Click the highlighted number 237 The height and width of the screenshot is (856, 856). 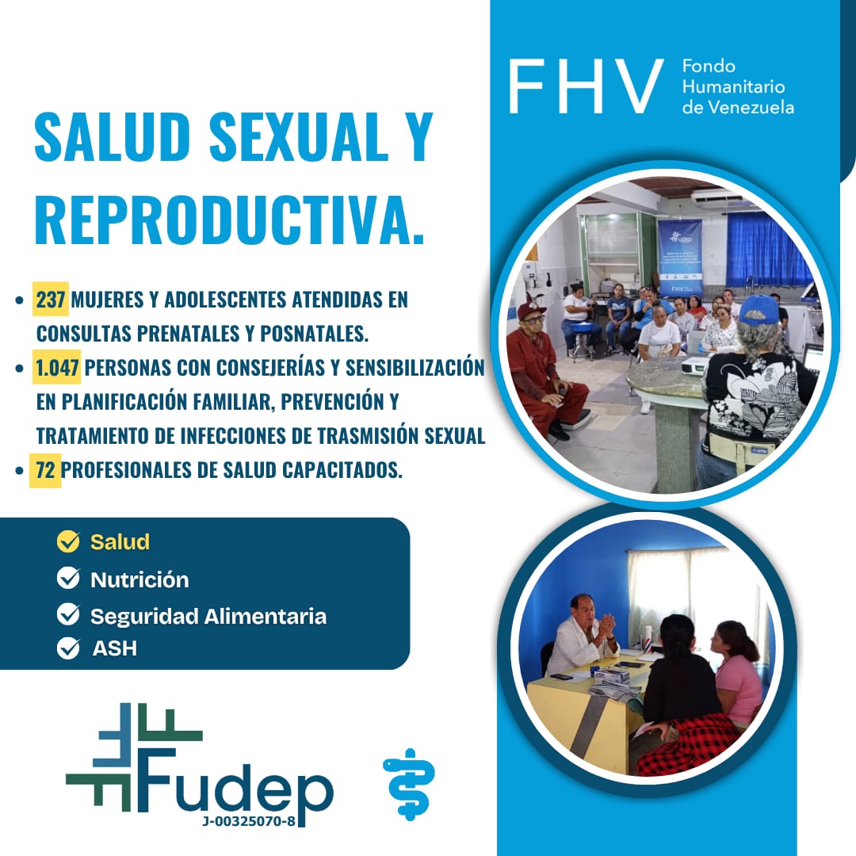(51, 299)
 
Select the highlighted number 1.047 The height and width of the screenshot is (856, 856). (57, 368)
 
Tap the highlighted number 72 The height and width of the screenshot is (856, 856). (45, 469)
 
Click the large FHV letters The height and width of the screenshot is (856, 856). (586, 86)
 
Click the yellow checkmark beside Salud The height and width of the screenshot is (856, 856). (68, 541)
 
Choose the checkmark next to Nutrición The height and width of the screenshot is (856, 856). (68, 578)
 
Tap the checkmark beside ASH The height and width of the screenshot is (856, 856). (68, 648)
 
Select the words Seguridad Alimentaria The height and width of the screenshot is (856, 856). (208, 616)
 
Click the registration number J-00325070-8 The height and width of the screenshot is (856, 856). (248, 821)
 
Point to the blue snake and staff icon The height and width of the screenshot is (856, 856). (410, 784)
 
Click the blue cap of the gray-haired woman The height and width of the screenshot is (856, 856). (759, 310)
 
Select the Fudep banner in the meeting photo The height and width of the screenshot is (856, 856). (680, 257)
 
